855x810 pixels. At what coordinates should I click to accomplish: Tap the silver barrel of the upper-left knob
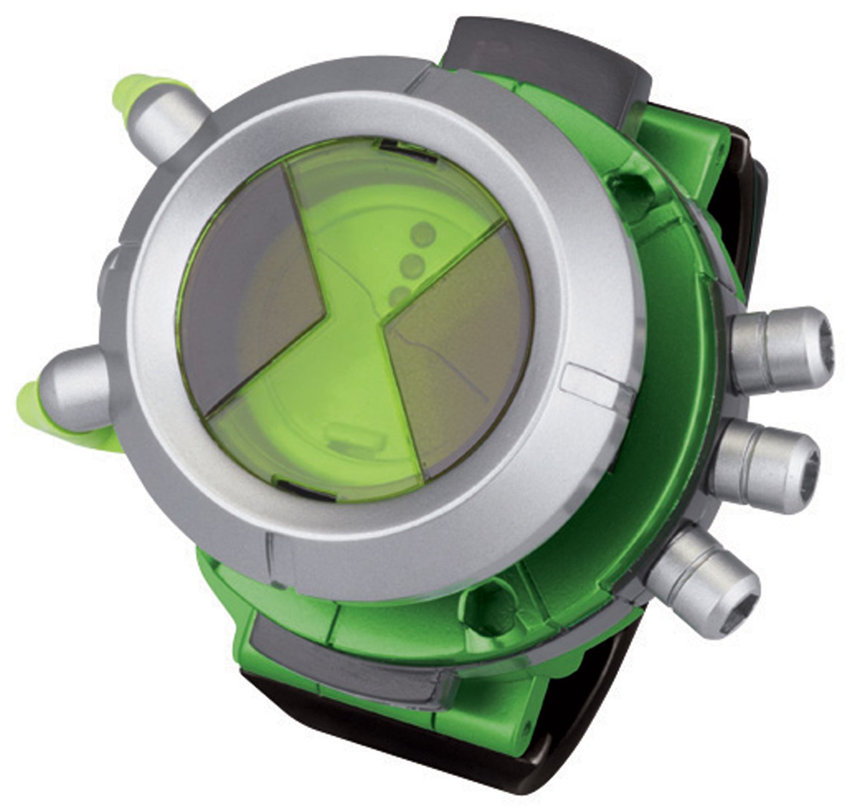click(x=170, y=124)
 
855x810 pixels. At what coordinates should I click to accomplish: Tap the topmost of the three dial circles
click(x=423, y=234)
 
